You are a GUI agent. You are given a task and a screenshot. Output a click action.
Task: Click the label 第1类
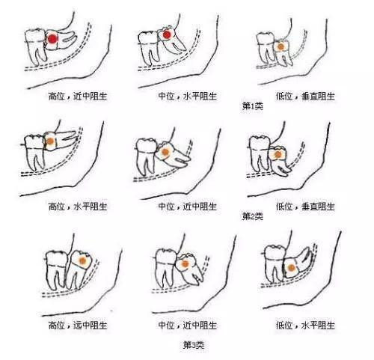point(253,106)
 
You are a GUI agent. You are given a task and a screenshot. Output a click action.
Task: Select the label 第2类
point(253,216)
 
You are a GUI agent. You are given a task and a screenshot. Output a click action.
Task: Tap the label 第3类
point(194,345)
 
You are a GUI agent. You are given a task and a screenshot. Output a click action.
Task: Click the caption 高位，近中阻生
point(78,96)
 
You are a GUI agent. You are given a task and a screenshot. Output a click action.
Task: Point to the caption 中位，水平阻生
point(188,96)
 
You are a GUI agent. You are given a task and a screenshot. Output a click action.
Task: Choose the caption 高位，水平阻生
point(78,207)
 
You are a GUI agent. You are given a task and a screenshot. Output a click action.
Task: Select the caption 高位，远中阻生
point(78,326)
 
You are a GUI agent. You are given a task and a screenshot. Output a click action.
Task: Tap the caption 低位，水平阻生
point(305,326)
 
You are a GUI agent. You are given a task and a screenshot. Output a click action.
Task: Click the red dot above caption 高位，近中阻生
point(52,39)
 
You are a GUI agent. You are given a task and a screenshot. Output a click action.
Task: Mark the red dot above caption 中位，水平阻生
point(167,35)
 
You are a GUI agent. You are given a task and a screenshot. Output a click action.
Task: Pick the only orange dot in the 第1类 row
point(280,46)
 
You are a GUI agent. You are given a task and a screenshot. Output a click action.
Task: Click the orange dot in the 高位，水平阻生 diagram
point(50,141)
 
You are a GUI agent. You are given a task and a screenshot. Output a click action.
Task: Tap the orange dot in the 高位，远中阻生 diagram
point(82,261)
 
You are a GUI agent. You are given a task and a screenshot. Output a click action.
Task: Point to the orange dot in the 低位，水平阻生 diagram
point(291,268)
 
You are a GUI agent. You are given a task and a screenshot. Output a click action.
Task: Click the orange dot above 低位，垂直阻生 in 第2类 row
point(278,155)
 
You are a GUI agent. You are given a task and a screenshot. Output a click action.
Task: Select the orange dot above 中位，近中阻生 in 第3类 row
point(185,263)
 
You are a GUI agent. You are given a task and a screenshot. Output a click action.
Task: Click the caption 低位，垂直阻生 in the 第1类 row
point(305,96)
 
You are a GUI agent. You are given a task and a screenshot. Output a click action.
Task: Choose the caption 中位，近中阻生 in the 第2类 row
point(188,207)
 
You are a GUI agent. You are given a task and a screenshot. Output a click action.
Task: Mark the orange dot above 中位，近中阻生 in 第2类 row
point(165,152)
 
